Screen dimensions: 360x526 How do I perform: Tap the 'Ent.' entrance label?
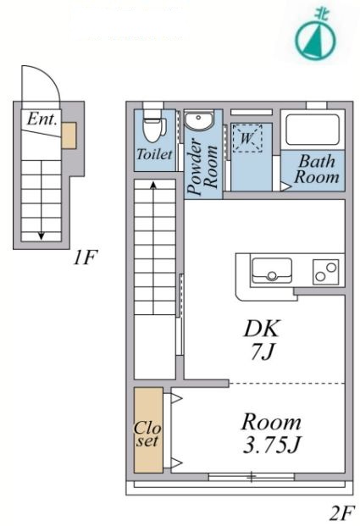(x=42, y=119)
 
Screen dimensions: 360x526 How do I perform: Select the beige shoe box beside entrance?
(x=69, y=136)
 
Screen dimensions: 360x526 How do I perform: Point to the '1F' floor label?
(x=86, y=257)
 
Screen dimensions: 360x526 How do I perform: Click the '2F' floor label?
(x=342, y=513)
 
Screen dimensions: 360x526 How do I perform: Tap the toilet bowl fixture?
(x=154, y=126)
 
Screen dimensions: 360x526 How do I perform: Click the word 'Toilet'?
(x=154, y=154)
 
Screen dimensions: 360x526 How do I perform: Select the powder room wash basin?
(x=198, y=121)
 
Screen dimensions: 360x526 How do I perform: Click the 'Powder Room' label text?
(x=203, y=166)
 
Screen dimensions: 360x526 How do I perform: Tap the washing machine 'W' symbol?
(x=247, y=138)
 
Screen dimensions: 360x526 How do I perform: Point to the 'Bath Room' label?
(x=317, y=169)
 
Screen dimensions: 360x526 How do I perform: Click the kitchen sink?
(x=272, y=270)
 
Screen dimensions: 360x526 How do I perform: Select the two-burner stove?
(x=325, y=272)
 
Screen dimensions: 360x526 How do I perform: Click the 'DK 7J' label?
(x=262, y=340)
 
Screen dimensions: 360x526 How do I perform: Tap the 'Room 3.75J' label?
(x=271, y=433)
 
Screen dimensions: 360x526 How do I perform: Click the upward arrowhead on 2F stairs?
(x=153, y=185)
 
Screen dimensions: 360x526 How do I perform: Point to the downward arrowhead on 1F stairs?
(x=42, y=235)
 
